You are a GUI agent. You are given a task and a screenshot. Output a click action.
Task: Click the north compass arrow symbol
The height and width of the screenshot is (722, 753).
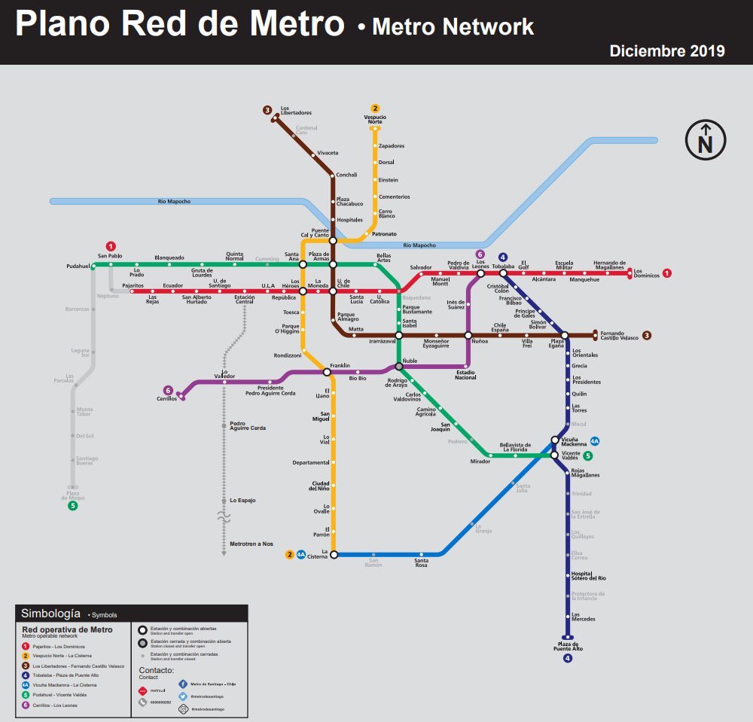(x=705, y=140)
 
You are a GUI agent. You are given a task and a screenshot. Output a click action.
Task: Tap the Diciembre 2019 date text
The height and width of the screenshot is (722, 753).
(x=667, y=50)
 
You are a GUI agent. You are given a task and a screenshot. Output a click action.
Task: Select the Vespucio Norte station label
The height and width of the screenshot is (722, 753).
(x=375, y=119)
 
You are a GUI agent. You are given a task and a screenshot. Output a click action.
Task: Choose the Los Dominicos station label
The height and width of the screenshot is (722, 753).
(x=646, y=273)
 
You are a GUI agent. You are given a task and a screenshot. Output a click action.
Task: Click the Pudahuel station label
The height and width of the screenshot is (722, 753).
(x=78, y=267)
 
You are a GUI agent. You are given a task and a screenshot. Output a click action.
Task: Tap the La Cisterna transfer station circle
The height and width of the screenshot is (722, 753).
(x=334, y=554)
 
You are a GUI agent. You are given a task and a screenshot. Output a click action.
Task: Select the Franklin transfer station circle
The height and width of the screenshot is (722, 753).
(x=327, y=371)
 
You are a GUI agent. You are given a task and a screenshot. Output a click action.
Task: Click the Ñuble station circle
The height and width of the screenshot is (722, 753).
(x=399, y=367)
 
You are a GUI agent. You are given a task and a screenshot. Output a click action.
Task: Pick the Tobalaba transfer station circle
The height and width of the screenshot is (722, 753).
(x=503, y=273)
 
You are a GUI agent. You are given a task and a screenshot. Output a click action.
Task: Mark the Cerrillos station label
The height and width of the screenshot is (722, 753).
(x=167, y=399)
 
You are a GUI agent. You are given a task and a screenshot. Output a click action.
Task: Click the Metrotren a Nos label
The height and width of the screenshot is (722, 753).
(x=251, y=544)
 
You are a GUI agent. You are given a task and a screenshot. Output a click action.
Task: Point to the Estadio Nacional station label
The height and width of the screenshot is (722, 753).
(x=465, y=374)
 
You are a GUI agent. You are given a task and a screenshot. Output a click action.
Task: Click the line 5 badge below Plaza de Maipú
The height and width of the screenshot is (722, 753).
(x=73, y=505)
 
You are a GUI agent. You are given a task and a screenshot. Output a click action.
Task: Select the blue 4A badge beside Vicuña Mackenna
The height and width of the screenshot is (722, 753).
(x=594, y=441)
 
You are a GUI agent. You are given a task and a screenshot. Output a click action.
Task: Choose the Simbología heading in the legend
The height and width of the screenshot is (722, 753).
(x=51, y=614)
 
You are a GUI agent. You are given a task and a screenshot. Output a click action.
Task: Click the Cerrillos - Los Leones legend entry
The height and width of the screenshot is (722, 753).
(x=54, y=705)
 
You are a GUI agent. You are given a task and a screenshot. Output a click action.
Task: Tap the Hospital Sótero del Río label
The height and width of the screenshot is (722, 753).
(x=588, y=577)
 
